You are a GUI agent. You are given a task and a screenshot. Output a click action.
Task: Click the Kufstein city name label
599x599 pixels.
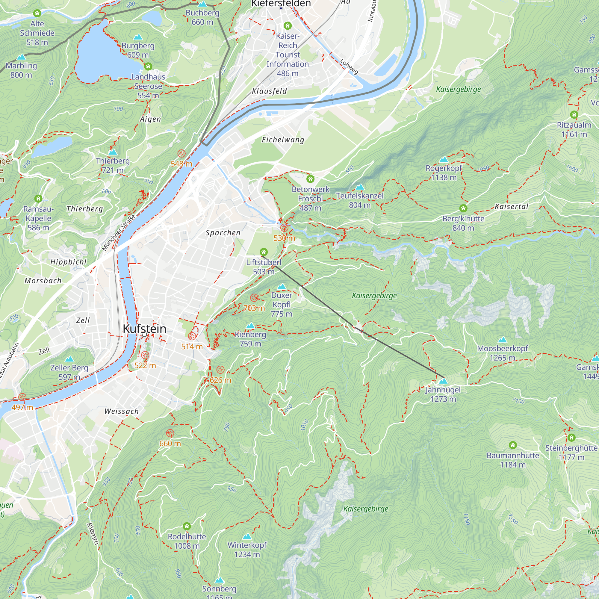144,329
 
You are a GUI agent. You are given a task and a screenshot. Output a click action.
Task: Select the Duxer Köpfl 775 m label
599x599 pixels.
282,305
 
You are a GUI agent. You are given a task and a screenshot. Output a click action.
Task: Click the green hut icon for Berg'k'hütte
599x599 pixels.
463,208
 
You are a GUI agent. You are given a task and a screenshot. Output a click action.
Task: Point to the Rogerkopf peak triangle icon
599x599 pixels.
444,160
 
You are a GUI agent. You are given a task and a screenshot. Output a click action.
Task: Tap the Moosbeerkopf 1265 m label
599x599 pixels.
502,353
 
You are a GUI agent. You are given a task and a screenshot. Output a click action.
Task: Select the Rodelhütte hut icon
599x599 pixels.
187,526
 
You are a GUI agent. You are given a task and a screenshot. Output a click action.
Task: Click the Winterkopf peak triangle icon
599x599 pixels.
247,536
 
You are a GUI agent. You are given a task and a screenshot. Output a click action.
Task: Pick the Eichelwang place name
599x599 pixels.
283,140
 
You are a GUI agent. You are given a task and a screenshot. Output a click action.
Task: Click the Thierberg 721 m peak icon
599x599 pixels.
113,152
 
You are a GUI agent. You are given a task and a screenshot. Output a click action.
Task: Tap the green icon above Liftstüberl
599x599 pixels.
264,252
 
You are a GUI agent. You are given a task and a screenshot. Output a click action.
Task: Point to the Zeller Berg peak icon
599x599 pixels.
69,359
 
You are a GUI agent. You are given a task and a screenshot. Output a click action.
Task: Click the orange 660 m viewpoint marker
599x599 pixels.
170,433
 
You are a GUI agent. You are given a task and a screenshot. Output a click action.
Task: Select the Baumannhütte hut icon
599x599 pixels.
513,445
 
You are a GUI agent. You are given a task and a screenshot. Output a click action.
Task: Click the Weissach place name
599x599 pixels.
122,412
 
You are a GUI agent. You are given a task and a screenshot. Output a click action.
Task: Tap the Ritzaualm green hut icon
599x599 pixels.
574,115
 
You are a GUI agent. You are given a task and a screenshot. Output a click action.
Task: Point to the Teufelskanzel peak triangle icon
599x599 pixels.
360,187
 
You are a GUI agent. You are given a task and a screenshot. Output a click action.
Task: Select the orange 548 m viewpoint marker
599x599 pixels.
181,153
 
